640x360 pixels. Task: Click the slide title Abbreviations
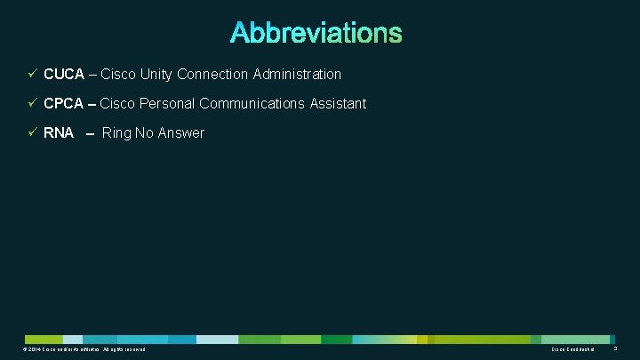316,33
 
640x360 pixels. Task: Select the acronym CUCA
63,75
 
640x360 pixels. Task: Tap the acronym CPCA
63,104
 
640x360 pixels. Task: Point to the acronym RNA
59,133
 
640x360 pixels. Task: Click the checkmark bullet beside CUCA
32,75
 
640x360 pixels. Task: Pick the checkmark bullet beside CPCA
32,104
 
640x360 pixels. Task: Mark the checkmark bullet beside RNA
32,133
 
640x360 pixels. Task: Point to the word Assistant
338,104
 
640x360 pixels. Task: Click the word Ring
116,133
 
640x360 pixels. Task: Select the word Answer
181,133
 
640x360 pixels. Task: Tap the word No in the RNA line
145,133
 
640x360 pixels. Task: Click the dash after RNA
90,134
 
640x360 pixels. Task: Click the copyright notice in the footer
85,349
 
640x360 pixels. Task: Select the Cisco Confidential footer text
572,349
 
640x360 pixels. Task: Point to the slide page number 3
615,349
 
